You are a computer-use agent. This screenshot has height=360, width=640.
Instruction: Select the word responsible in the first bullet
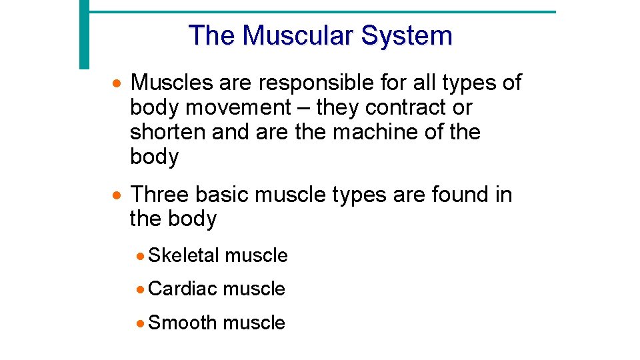pyautogui.click(x=317, y=83)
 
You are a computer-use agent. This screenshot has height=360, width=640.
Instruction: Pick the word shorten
pyautogui.click(x=167, y=132)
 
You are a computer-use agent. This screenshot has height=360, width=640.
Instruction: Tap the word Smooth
pyautogui.click(x=183, y=323)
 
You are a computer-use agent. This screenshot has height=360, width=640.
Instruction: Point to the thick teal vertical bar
pyautogui.click(x=84, y=33)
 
